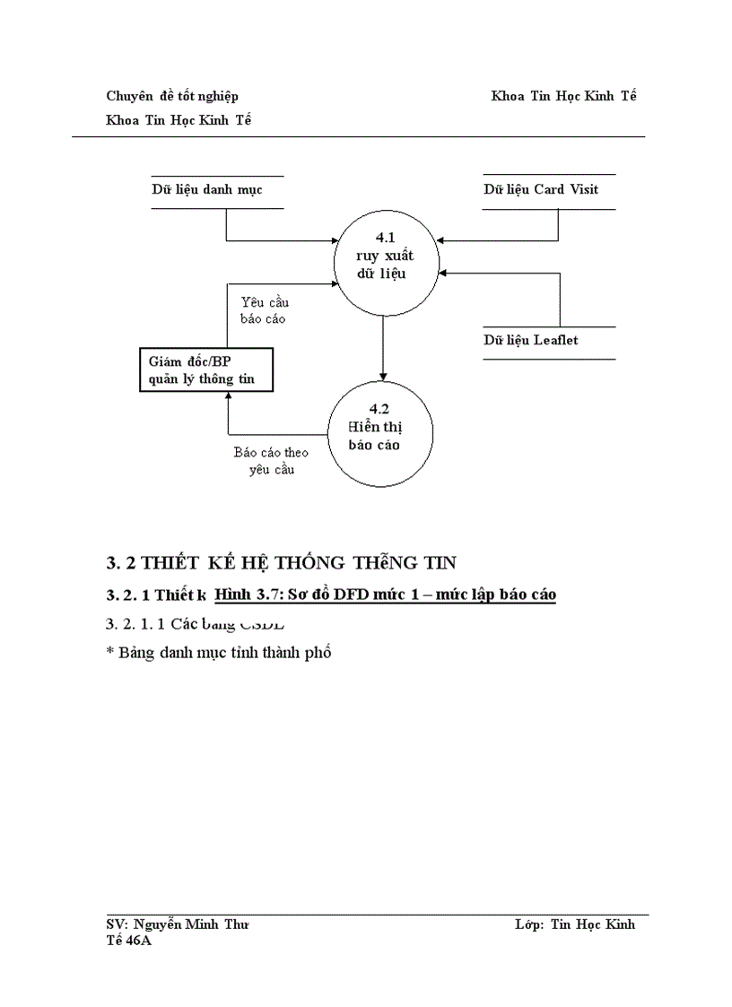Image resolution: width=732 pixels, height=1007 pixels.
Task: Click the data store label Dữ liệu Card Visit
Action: [x=541, y=189]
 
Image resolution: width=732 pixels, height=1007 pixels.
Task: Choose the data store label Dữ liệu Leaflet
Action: [x=531, y=340]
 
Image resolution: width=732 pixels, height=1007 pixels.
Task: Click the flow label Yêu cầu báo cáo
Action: [x=265, y=310]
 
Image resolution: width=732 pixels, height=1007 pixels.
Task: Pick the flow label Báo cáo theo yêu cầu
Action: [x=271, y=461]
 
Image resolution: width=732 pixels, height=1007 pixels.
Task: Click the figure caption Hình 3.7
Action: [x=386, y=595]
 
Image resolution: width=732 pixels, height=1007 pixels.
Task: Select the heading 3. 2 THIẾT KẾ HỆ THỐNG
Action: [x=282, y=563]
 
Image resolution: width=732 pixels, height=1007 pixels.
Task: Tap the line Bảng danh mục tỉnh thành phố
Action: [x=219, y=653]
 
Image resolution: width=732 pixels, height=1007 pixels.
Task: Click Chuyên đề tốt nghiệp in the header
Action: [x=172, y=96]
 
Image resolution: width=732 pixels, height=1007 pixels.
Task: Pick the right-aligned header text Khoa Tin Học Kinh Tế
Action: [x=563, y=96]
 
